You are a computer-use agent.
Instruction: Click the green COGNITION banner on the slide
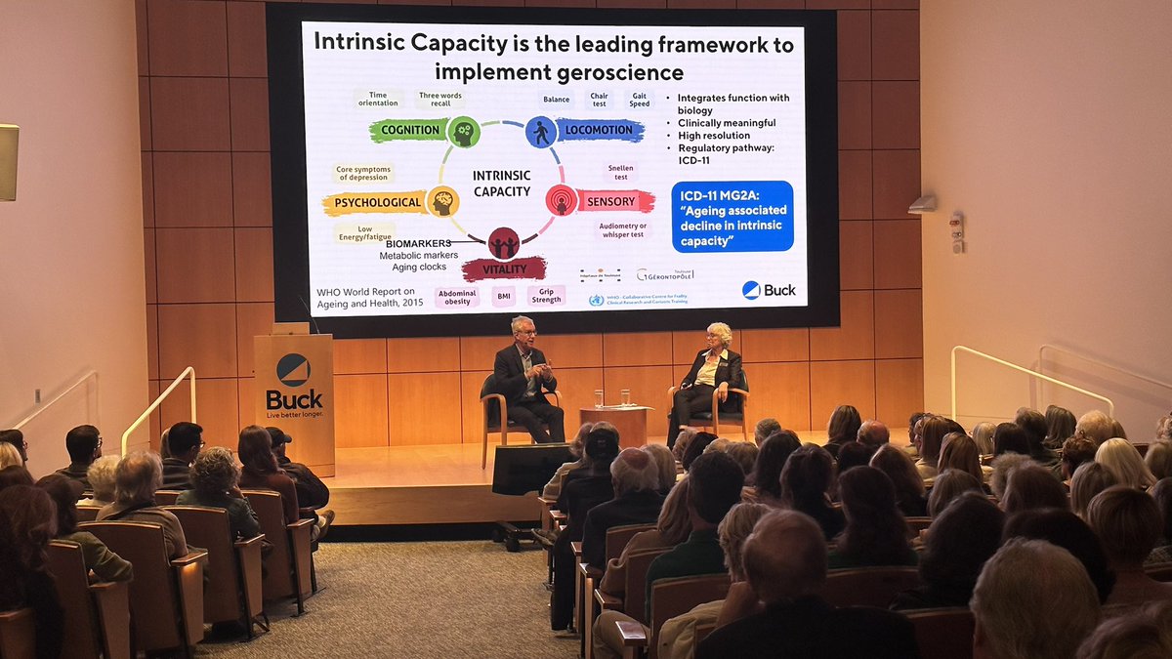pos(407,131)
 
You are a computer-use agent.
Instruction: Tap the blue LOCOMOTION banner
pos(600,130)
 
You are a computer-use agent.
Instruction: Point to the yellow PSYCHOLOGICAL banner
pos(375,203)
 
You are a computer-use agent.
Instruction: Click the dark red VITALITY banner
pos(505,269)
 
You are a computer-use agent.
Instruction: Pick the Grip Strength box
pos(546,295)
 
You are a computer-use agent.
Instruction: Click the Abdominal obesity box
pos(457,297)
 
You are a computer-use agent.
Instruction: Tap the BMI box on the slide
pos(503,296)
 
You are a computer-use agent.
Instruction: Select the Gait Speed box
pos(639,99)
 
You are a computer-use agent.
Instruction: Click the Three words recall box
pos(440,99)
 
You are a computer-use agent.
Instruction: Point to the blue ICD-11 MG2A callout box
pos(732,216)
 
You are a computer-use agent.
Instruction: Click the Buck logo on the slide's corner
pos(769,290)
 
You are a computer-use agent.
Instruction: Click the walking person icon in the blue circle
pos(541,132)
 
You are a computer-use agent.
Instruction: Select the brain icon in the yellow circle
pos(443,202)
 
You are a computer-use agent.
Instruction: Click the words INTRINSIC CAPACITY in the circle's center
pos(501,183)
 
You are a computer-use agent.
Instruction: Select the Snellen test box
pos(620,172)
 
